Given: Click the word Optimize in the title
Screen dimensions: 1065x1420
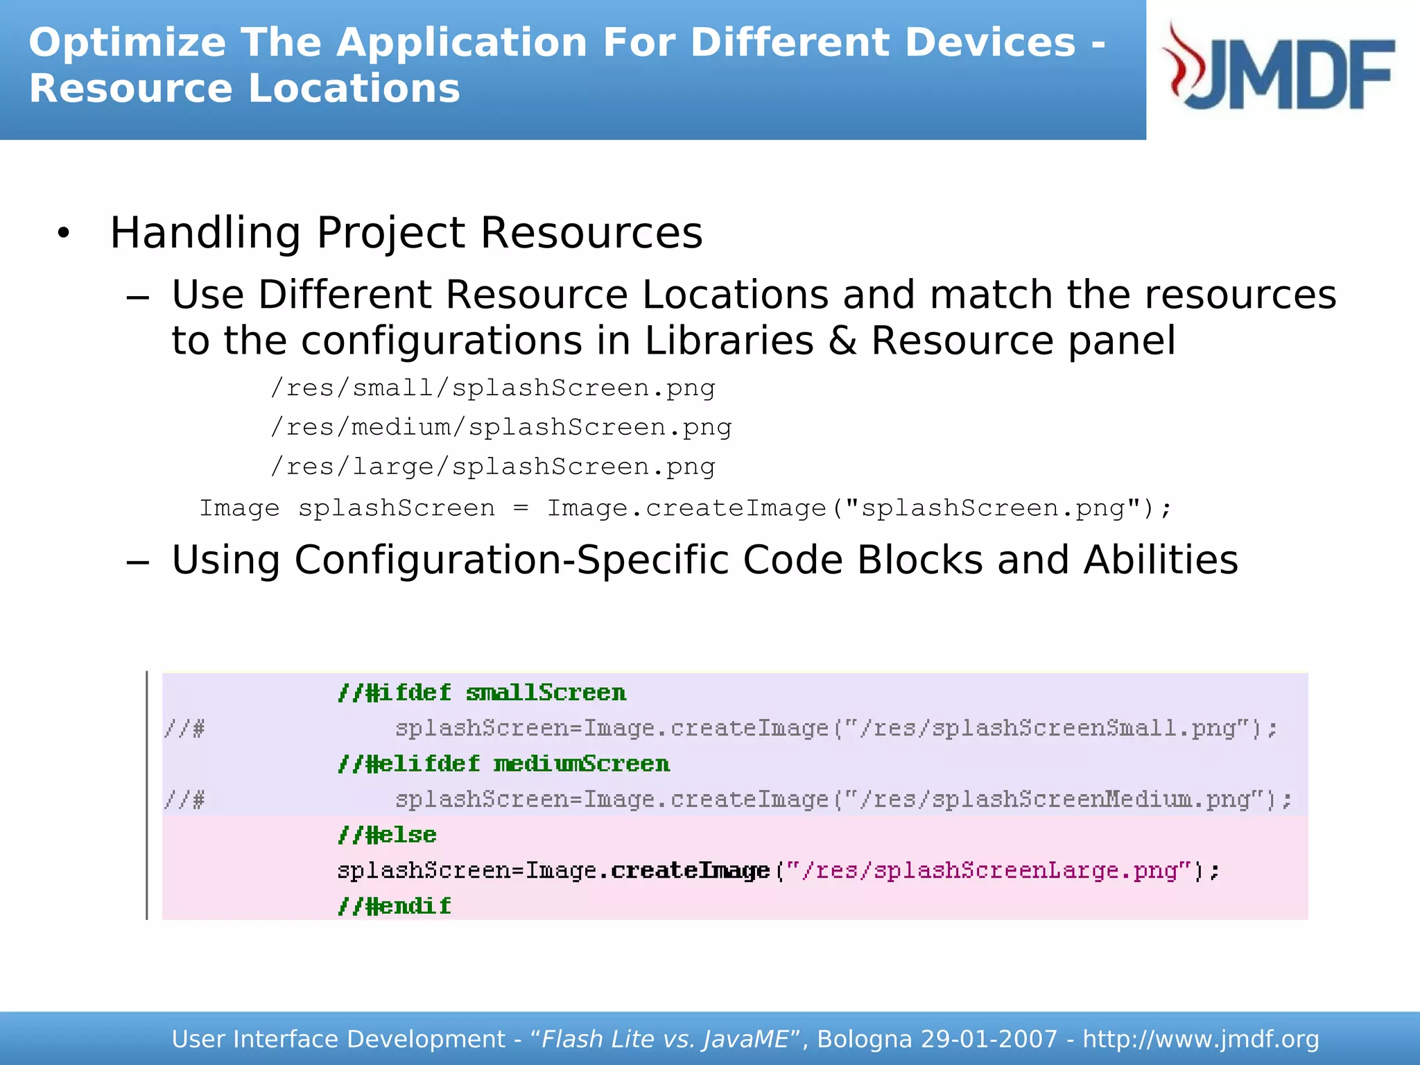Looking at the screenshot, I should tap(127, 43).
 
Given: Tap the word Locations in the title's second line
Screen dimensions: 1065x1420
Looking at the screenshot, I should tap(354, 89).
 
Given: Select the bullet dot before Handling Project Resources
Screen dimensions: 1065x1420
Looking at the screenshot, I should tap(64, 234).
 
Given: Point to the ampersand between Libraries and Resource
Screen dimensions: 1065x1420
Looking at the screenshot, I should tap(842, 341).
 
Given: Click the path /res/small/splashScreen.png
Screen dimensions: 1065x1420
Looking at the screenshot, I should tap(492, 388).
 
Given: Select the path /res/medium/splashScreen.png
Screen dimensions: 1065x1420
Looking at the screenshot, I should tap(501, 427).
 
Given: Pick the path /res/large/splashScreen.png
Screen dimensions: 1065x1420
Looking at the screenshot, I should tap(492, 467).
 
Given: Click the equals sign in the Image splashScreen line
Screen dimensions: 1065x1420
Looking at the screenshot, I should tap(521, 509).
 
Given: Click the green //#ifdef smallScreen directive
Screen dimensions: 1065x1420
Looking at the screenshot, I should tap(482, 693).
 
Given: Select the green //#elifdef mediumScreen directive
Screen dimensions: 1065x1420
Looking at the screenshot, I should tap(503, 764).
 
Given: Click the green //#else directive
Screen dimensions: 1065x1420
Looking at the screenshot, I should tap(387, 835).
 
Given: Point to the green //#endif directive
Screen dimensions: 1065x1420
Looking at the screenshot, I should tap(394, 906).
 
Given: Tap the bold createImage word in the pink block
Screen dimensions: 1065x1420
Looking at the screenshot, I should tap(690, 871).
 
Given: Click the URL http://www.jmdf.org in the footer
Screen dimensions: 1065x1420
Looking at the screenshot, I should tap(1200, 1039).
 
